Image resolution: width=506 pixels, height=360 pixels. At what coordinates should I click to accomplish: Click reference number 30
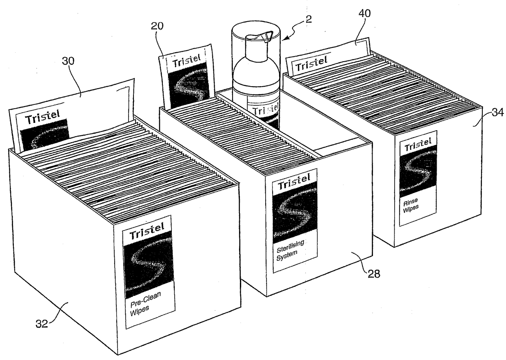(68, 61)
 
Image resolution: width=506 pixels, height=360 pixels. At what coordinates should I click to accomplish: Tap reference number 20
(157, 26)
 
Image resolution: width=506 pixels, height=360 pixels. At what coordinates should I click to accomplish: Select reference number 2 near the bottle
(308, 19)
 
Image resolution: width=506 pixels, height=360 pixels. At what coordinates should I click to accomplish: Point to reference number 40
(364, 13)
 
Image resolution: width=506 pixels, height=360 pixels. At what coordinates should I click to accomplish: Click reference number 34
(498, 112)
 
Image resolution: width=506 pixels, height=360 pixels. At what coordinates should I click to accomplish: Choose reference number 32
(42, 324)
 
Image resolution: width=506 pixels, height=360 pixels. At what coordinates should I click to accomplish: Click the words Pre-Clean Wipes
(145, 304)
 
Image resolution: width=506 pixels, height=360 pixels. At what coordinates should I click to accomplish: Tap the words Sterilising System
(290, 250)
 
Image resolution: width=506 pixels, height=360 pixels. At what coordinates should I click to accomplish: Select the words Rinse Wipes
(411, 205)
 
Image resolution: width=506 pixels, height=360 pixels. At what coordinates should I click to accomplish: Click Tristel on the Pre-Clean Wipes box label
(147, 231)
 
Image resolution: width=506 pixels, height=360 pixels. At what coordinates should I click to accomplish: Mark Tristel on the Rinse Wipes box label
(418, 144)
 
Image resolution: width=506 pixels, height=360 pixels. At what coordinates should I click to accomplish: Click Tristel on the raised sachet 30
(42, 116)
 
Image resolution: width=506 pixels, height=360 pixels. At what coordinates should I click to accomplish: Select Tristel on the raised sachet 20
(186, 60)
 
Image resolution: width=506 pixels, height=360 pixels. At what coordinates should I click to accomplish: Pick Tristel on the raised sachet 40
(311, 64)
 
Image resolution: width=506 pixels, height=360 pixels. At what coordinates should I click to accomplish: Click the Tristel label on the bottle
(265, 110)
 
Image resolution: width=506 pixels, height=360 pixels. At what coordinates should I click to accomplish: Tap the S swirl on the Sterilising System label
(295, 213)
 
